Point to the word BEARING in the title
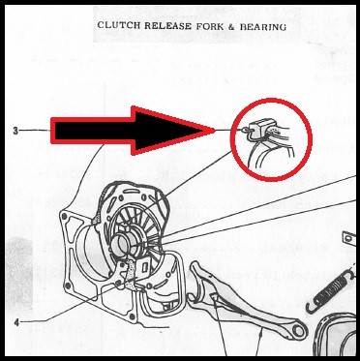(264, 28)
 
